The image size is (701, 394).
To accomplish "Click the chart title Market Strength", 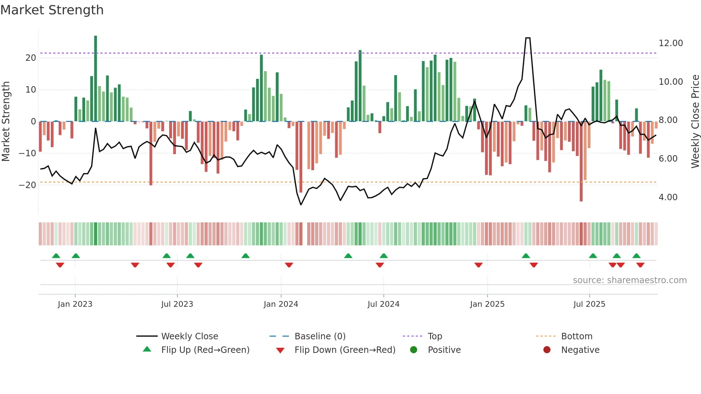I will [x=52, y=10].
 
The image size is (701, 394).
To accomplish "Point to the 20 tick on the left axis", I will [x=31, y=58].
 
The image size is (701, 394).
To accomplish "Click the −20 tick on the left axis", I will [x=28, y=185].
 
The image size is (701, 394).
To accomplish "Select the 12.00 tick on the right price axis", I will [x=671, y=43].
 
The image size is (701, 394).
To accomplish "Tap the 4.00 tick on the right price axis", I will [x=668, y=197].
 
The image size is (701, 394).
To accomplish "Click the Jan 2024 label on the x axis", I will [x=281, y=304].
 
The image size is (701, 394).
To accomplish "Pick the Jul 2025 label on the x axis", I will [x=589, y=304].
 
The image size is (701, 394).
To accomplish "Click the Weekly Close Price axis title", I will [x=695, y=122].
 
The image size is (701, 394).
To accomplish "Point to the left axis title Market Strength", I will [x=6, y=122].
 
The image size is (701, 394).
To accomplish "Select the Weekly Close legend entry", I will [x=190, y=336].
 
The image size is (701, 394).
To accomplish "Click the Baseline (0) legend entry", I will [x=320, y=336].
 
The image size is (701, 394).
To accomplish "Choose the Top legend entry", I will [x=435, y=336].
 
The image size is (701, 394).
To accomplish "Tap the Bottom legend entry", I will [x=577, y=336].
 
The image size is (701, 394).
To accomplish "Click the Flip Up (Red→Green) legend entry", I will [x=205, y=350].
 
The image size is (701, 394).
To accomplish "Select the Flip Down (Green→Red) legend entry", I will [x=345, y=350].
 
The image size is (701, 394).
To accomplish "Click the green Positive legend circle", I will [x=414, y=350].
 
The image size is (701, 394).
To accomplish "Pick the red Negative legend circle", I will [x=547, y=350].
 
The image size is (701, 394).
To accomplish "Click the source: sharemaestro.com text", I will [x=629, y=280].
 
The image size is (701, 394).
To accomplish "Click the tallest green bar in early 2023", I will [x=95, y=79].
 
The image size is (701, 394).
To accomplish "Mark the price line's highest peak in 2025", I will [x=528, y=38].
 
